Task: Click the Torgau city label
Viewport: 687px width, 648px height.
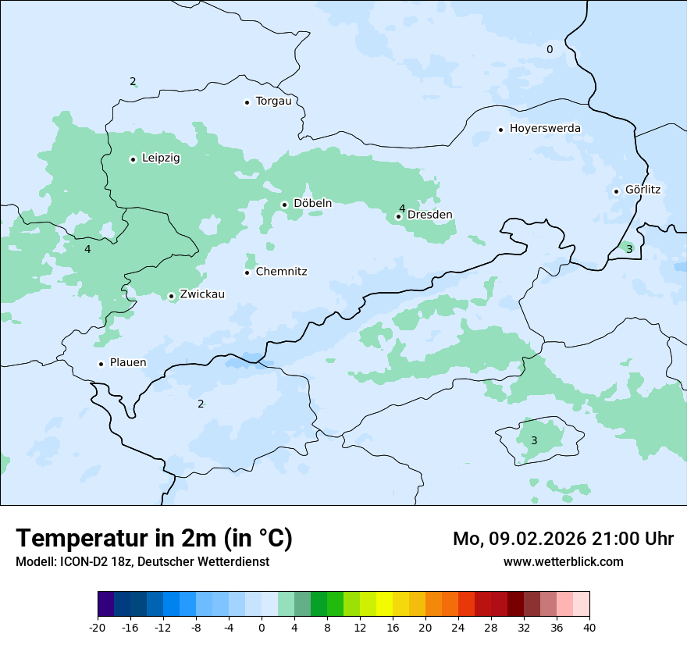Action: pos(273,101)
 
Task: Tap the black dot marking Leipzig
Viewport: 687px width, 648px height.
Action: pos(133,159)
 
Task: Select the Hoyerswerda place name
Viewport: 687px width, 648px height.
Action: pos(545,129)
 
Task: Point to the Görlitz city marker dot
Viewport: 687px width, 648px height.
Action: pos(616,191)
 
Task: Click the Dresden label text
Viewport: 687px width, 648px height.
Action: pos(430,215)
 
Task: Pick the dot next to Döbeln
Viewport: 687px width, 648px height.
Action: pos(285,205)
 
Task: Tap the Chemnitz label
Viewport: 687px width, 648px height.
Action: pos(281,272)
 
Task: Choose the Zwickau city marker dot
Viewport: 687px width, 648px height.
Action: pos(171,296)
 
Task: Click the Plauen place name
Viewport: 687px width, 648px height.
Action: pos(128,363)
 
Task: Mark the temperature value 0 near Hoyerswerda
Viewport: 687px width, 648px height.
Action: pos(550,50)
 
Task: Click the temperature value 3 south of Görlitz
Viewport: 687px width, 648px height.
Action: pos(629,249)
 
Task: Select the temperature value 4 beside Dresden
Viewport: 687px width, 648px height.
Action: pos(402,208)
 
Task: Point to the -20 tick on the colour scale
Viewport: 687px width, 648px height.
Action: pos(98,628)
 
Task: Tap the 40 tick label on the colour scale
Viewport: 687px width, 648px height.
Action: pos(589,628)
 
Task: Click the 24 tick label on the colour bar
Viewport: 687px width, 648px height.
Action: pos(458,628)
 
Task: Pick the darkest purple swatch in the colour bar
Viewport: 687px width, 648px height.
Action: pos(105,604)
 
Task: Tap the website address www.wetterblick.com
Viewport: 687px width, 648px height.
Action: pos(563,562)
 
